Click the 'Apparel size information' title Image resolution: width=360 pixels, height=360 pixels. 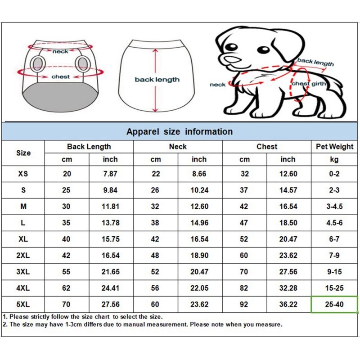[x=180, y=132]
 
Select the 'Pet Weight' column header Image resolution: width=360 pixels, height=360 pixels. [x=334, y=147]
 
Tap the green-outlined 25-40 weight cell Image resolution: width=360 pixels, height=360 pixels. [x=334, y=304]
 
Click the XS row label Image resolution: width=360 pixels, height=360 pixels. [x=23, y=174]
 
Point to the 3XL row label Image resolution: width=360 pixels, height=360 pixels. [x=23, y=272]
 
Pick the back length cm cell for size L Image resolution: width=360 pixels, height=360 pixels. [x=67, y=223]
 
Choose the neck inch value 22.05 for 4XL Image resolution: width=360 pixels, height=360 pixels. [x=199, y=288]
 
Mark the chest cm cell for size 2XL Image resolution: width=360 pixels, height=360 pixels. [x=244, y=256]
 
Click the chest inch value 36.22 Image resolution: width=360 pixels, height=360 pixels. [x=288, y=304]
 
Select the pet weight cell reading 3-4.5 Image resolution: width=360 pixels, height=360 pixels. [x=334, y=207]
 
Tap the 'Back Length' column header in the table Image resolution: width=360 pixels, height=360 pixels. [x=89, y=147]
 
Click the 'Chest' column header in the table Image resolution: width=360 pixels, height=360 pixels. [x=267, y=147]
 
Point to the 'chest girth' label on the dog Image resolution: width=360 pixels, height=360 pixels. [x=307, y=84]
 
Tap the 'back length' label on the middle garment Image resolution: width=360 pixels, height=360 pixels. [x=157, y=80]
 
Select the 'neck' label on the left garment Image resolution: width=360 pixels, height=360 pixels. [x=60, y=51]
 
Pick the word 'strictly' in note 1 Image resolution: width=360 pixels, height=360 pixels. [x=45, y=317]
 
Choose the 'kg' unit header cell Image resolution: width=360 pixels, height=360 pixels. [x=334, y=159]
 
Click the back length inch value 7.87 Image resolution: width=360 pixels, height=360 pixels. [x=110, y=174]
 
